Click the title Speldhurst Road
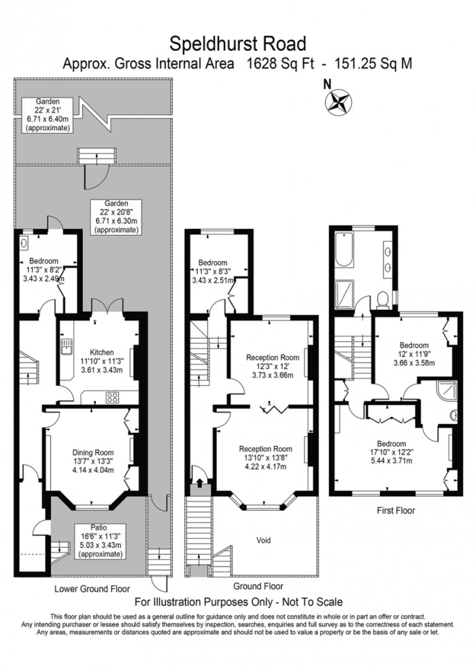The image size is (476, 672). [x=238, y=43]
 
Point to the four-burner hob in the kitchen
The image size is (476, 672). [x=111, y=397]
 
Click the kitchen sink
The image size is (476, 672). [x=67, y=349]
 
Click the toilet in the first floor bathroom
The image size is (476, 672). [x=384, y=298]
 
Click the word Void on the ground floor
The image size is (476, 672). [x=264, y=540]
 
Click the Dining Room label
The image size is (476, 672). [x=93, y=461]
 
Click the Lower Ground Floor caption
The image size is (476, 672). [x=93, y=588]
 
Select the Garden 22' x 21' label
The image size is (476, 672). [x=48, y=114]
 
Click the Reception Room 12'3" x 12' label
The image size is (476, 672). [x=272, y=366]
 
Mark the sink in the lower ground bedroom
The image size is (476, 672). [x=24, y=243]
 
